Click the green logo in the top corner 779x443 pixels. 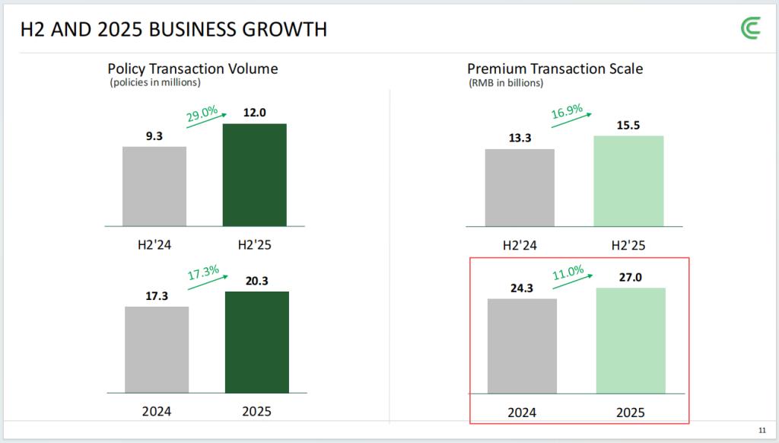point(752,28)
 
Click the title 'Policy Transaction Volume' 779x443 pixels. point(192,69)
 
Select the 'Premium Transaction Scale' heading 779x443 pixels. point(555,69)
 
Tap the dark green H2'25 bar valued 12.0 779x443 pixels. point(254,174)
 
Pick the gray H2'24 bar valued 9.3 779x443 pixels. point(154,186)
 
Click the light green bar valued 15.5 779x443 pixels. point(628,180)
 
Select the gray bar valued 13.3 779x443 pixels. point(520,187)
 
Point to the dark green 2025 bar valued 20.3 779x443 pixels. point(257,342)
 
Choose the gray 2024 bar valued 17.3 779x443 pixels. point(157,349)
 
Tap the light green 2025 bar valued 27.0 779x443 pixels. point(631,340)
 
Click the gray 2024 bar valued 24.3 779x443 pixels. point(522,346)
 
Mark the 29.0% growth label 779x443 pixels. point(202,115)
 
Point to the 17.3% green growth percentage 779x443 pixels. point(203,272)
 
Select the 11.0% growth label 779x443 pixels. point(568,272)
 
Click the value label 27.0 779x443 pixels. point(631,277)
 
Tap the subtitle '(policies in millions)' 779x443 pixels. point(155,82)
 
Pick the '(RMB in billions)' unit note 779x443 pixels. point(506,83)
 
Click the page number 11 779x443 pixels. point(762,429)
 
